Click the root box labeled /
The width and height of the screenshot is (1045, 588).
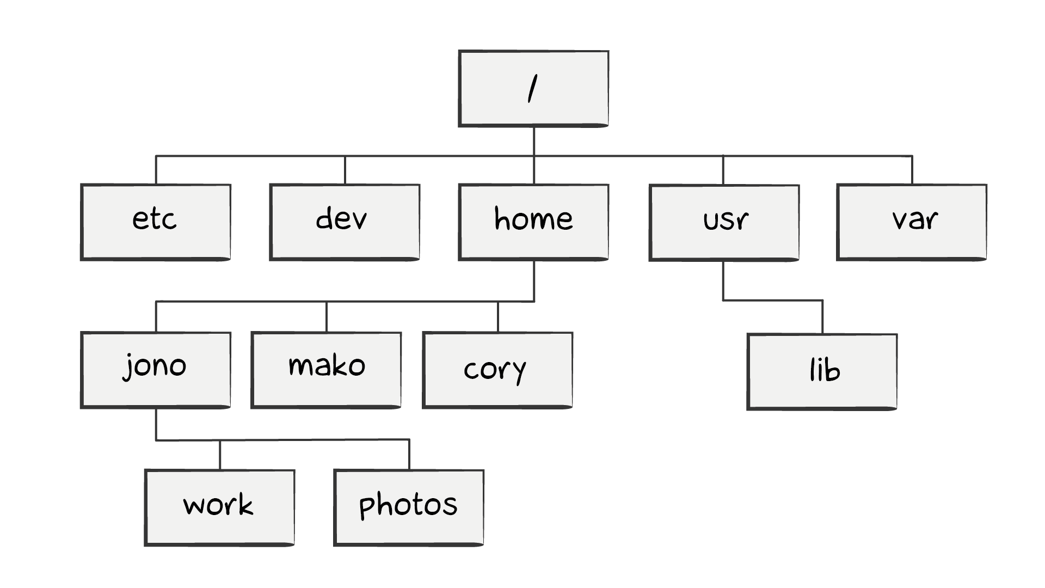coord(533,89)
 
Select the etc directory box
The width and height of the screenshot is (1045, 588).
coord(156,222)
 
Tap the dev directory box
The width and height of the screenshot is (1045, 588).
coord(345,222)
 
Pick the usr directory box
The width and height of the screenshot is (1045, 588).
coord(724,223)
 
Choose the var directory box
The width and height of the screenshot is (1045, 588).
coord(912,222)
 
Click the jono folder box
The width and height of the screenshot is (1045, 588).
coord(156,370)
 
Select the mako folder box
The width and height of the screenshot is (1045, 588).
coord(326,370)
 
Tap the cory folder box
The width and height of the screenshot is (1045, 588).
coord(497,370)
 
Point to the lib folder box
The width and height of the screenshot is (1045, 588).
coord(822,372)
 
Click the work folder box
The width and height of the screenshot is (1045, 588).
coord(219,508)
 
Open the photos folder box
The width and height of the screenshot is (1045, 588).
coord(409,508)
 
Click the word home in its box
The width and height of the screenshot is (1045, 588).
coord(533,219)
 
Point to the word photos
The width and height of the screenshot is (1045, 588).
coord(408,505)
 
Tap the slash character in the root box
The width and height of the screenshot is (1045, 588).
coord(533,89)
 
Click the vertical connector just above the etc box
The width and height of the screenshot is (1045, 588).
coord(156,170)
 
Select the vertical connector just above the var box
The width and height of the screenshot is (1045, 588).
coord(912,170)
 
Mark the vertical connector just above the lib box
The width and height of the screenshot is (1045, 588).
coord(822,317)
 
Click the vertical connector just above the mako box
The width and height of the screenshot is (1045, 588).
coord(327,317)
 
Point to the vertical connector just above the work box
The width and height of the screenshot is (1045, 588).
coord(220,455)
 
